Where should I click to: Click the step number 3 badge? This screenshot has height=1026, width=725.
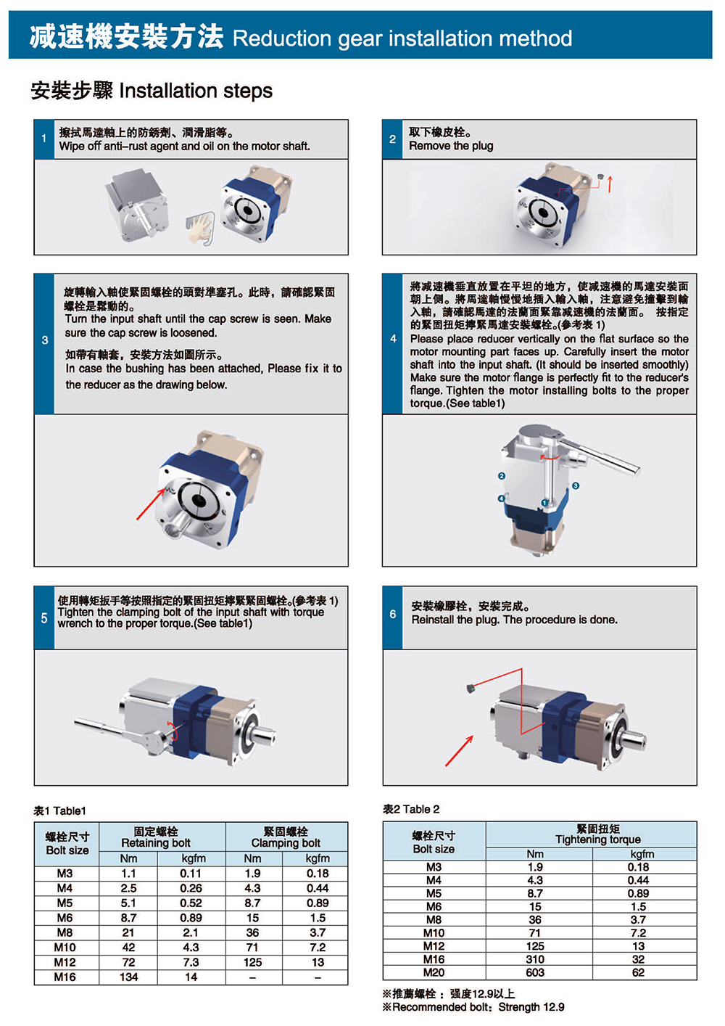pyautogui.click(x=44, y=340)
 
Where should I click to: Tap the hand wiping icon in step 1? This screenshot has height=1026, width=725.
pyautogui.click(x=201, y=229)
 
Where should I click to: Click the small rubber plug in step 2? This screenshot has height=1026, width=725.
pyautogui.click(x=601, y=177)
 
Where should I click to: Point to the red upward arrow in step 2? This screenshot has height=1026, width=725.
pyautogui.click(x=610, y=184)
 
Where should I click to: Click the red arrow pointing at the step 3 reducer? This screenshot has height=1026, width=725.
pyautogui.click(x=151, y=504)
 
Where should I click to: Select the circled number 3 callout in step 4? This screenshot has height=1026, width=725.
pyautogui.click(x=576, y=485)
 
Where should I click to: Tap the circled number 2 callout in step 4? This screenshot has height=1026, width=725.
pyautogui.click(x=502, y=476)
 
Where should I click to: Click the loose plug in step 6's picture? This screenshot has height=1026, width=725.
pyautogui.click(x=470, y=688)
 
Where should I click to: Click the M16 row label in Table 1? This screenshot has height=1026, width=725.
pyautogui.click(x=65, y=977)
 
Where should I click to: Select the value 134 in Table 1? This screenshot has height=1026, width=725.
pyautogui.click(x=128, y=977)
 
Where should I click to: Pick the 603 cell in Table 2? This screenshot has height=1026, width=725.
pyautogui.click(x=535, y=972)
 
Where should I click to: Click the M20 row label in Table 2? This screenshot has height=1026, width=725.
pyautogui.click(x=434, y=972)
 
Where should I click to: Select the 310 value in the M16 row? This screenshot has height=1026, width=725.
pyautogui.click(x=535, y=959)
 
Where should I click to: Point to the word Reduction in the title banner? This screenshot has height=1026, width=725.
pyautogui.click(x=282, y=38)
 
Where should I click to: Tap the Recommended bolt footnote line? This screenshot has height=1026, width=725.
pyautogui.click(x=473, y=1007)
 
